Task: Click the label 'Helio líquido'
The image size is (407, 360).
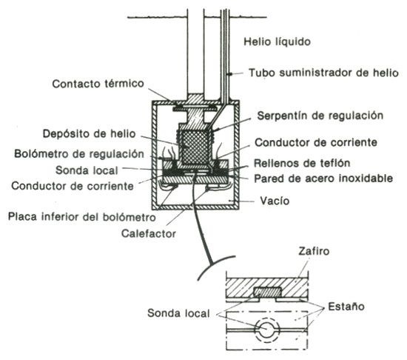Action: pyautogui.click(x=277, y=41)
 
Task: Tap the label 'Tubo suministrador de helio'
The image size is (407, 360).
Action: pyautogui.click(x=323, y=73)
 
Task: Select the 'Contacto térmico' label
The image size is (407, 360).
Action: pyautogui.click(x=98, y=84)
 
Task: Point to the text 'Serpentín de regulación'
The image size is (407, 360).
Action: pyautogui.click(x=320, y=116)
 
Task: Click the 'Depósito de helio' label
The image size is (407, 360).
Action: pyautogui.click(x=89, y=134)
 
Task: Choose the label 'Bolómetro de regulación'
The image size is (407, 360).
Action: pyautogui.click(x=79, y=154)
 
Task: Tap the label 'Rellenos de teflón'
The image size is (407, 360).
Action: pyautogui.click(x=302, y=163)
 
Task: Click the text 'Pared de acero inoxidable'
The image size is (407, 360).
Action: pyautogui.click(x=323, y=179)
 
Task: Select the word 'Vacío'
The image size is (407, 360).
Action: pyautogui.click(x=275, y=201)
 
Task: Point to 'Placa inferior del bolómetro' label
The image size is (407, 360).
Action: pyautogui.click(x=81, y=217)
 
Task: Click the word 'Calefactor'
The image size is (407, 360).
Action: pyautogui.click(x=149, y=233)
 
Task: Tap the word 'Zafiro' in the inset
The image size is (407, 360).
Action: pyautogui.click(x=314, y=251)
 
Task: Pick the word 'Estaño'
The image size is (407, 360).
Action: pyautogui.click(x=346, y=307)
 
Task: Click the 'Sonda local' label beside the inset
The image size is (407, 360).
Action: pyautogui.click(x=178, y=313)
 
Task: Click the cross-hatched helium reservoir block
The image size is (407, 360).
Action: pyautogui.click(x=195, y=148)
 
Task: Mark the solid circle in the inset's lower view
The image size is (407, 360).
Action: pyautogui.click(x=267, y=330)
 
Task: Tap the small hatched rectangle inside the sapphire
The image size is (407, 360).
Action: pyautogui.click(x=268, y=292)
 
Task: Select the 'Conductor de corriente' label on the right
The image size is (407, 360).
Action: pyautogui.click(x=316, y=142)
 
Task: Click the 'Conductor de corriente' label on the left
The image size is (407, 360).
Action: pyautogui.click(x=73, y=186)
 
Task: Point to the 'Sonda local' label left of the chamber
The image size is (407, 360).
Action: pyautogui.click(x=87, y=170)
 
